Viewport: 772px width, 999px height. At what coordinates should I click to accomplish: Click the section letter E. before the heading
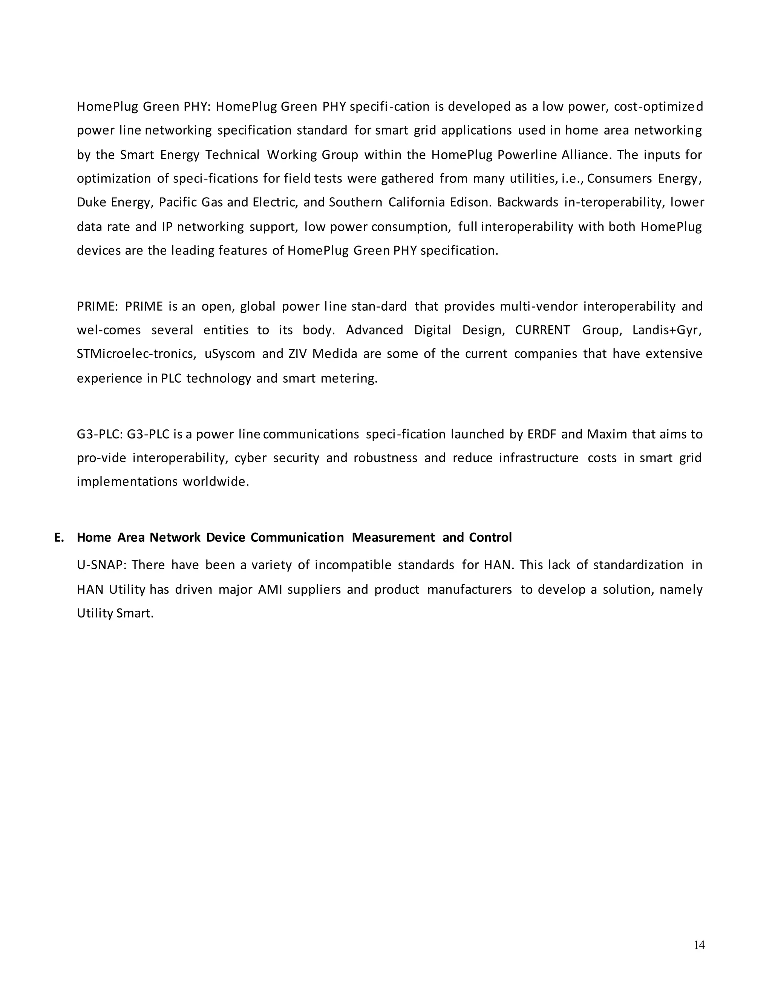[59, 538]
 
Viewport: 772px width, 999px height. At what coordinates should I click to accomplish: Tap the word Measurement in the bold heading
[393, 538]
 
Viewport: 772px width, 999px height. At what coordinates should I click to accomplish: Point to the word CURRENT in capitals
[542, 330]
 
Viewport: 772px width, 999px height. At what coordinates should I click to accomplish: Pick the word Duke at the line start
[91, 202]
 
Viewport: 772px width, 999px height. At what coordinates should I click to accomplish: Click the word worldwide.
[216, 482]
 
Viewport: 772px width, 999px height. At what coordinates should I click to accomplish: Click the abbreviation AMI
[270, 590]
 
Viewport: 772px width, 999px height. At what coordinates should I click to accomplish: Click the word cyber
[250, 458]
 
